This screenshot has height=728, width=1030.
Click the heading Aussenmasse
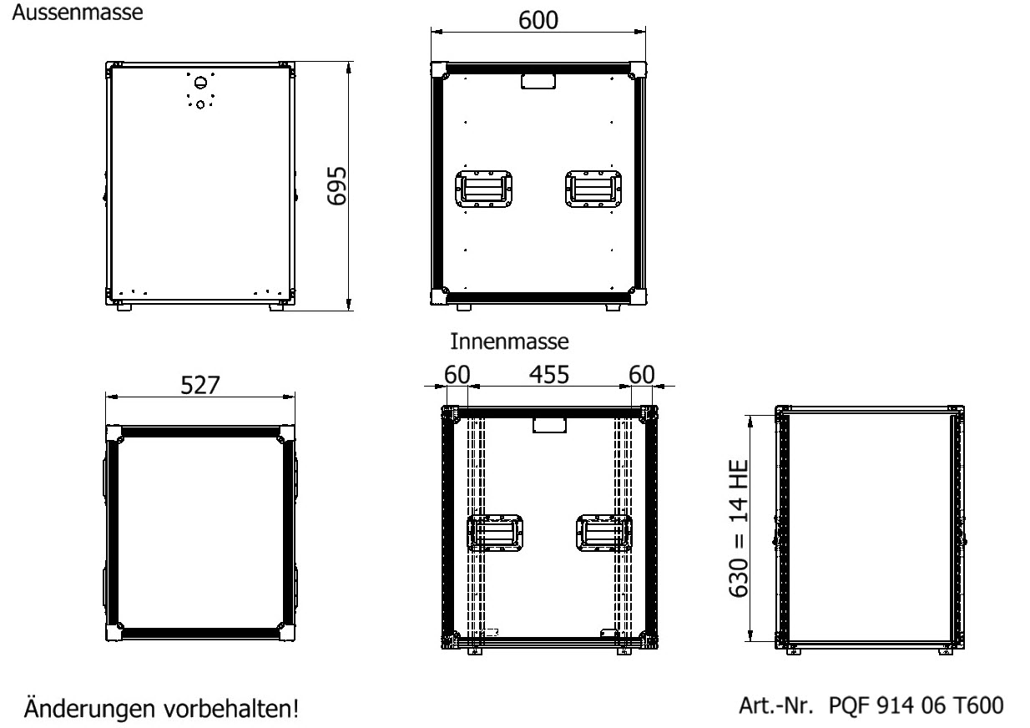coord(78,13)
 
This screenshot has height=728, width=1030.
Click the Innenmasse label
coord(509,341)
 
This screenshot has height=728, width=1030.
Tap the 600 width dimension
coord(538,20)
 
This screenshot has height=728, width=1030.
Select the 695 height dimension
coord(336,186)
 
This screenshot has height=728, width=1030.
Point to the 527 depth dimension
coord(200,385)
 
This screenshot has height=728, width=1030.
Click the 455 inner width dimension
coord(548,374)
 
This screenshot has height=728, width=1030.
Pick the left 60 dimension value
coord(457,374)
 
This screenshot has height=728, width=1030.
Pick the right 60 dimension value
coord(641,374)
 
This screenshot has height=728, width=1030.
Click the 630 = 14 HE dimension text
coord(739,528)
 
